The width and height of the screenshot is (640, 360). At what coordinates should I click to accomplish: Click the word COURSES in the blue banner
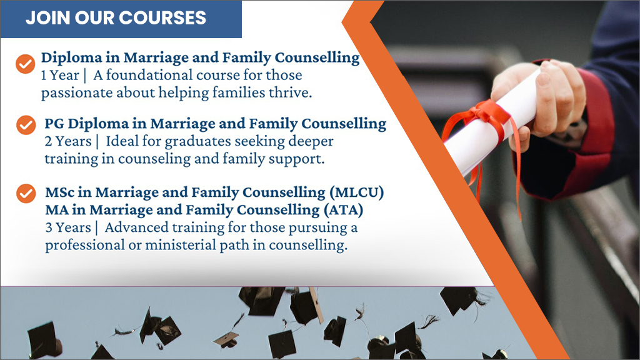pyautogui.click(x=163, y=18)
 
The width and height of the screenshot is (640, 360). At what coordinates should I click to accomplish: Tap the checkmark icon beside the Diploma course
pyautogui.click(x=25, y=64)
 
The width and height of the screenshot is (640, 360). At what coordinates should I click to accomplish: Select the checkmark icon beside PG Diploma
pyautogui.click(x=26, y=125)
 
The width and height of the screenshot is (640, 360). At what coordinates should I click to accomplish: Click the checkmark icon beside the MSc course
pyautogui.click(x=26, y=194)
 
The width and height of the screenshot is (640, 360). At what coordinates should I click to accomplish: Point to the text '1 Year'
pyautogui.click(x=60, y=76)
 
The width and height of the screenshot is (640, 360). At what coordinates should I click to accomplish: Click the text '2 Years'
pyautogui.click(x=67, y=142)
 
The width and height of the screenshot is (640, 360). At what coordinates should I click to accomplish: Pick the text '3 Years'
pyautogui.click(x=68, y=227)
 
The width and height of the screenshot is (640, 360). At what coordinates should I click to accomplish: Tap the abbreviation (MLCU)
pyautogui.click(x=357, y=192)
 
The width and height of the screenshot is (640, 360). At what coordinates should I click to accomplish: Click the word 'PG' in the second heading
pyautogui.click(x=54, y=124)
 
